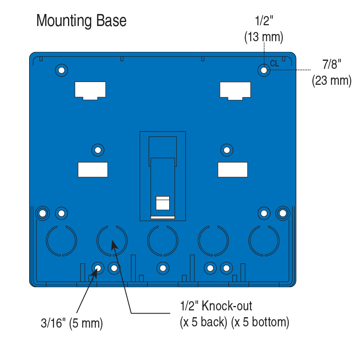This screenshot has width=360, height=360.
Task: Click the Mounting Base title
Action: click(x=81, y=21)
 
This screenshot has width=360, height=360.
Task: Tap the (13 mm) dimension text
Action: click(x=264, y=37)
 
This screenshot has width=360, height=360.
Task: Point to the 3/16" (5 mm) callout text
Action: click(x=72, y=323)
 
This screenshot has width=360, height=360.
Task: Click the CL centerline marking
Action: click(x=274, y=64)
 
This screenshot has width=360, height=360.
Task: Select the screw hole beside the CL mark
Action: click(x=264, y=70)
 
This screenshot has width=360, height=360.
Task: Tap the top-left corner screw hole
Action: click(x=61, y=70)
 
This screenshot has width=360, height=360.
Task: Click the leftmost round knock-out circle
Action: click(x=61, y=241)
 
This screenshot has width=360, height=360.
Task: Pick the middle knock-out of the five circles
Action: click(x=162, y=241)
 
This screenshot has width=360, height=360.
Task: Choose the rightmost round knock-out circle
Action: click(x=264, y=241)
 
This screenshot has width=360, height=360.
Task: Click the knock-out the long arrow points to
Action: click(x=112, y=241)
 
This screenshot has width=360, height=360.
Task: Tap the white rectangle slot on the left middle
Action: click(x=93, y=170)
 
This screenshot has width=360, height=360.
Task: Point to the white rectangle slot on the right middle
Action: click(x=232, y=170)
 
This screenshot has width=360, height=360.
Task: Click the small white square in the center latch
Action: click(x=162, y=203)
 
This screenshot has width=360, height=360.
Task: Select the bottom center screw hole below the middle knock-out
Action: click(x=162, y=268)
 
